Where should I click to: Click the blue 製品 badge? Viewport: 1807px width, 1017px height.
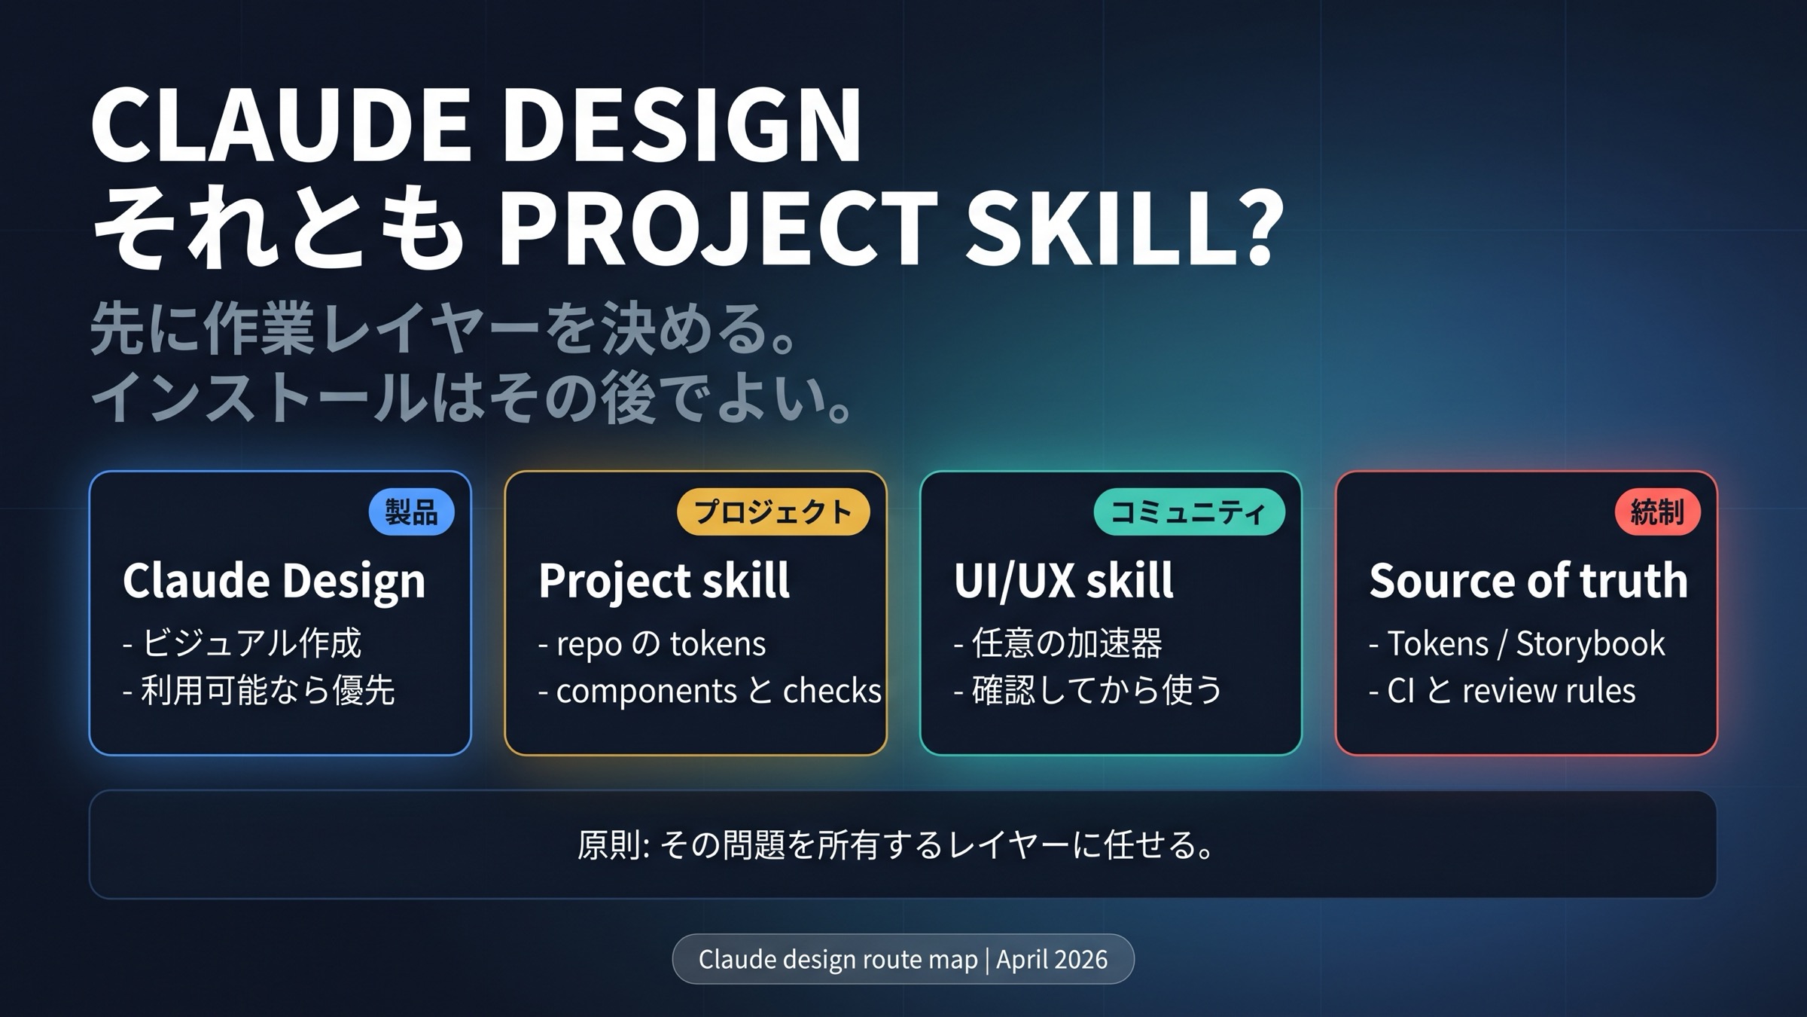click(x=411, y=512)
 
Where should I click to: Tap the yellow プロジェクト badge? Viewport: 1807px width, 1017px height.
click(x=772, y=512)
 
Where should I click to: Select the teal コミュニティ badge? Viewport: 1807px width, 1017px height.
click(x=1189, y=512)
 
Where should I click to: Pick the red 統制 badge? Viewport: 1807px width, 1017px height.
click(x=1657, y=512)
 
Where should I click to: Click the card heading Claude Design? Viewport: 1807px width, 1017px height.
click(x=274, y=582)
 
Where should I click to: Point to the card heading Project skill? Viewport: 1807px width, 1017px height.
click(x=664, y=582)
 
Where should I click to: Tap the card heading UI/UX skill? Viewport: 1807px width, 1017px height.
click(x=1063, y=582)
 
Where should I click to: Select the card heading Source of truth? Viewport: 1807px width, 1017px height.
click(x=1528, y=582)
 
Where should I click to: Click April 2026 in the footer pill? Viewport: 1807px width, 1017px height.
click(x=1052, y=959)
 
